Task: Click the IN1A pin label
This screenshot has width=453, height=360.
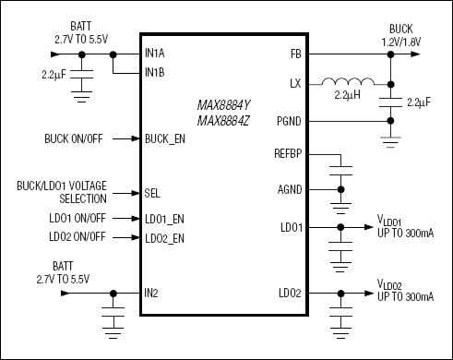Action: (155, 54)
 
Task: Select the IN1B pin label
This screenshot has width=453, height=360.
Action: (155, 73)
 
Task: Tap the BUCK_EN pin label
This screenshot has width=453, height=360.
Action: (165, 139)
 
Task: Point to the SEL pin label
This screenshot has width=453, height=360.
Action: (152, 193)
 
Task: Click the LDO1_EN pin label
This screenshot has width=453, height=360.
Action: (164, 219)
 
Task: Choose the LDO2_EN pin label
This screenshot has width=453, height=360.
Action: (164, 238)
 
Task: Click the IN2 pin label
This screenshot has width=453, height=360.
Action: (151, 294)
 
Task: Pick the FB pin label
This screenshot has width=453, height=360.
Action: (296, 54)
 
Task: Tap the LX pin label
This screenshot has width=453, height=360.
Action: (295, 83)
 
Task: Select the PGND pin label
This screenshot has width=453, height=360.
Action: (289, 121)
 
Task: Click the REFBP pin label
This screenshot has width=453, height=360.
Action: (288, 153)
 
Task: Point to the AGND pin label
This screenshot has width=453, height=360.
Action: (290, 189)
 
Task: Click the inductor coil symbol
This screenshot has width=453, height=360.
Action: (348, 81)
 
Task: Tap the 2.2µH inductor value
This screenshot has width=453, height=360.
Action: (347, 95)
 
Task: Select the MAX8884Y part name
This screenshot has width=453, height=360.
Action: (223, 105)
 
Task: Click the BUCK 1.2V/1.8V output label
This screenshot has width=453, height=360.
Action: (401, 35)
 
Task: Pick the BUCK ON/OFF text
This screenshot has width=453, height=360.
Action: (74, 138)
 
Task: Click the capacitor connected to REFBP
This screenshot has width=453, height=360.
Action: (340, 171)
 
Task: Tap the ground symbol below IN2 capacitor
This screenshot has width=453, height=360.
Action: (113, 333)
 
